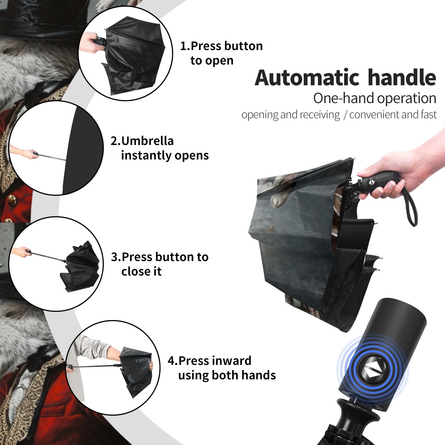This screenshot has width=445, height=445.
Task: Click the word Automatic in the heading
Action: (x=307, y=78)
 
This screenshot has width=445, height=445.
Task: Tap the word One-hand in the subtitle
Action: (x=344, y=98)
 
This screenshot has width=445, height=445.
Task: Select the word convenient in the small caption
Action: (x=374, y=115)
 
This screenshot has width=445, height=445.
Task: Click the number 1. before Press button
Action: (x=185, y=46)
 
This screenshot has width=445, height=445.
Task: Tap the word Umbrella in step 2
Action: (x=147, y=141)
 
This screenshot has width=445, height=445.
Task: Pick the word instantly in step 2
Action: (x=146, y=155)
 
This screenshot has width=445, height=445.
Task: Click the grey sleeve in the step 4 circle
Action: (x=92, y=346)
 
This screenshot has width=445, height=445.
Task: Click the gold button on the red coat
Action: (x=12, y=200)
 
